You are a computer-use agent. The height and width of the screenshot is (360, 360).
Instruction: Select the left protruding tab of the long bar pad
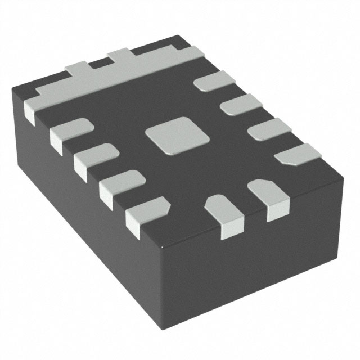coord(79,68)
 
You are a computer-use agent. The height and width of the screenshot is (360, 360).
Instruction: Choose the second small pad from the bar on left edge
coord(94,157)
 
